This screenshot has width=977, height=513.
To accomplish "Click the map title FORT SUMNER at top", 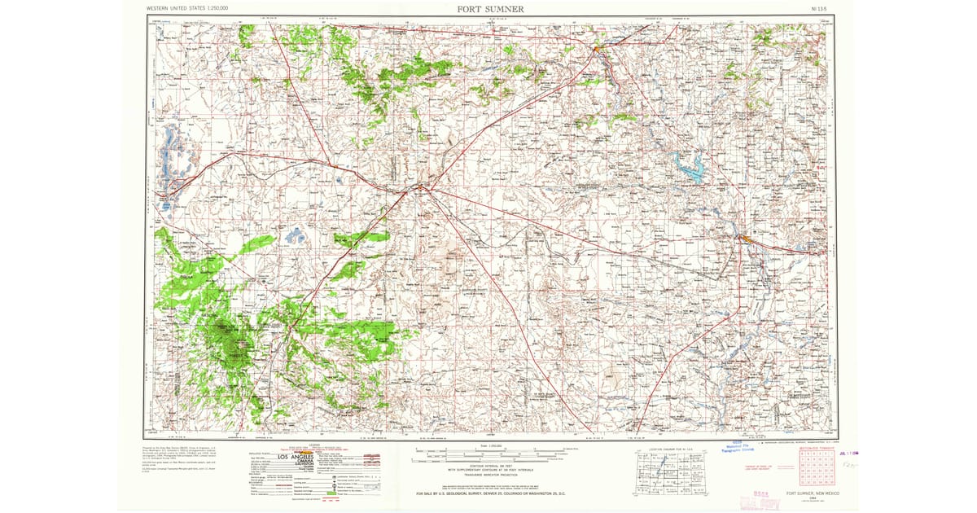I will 489,8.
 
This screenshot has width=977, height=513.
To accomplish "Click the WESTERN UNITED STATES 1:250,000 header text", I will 186,8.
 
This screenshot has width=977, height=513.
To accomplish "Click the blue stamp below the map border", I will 740,451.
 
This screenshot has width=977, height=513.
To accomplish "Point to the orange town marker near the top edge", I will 597,50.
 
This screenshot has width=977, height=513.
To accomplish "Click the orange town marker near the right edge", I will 743,238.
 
